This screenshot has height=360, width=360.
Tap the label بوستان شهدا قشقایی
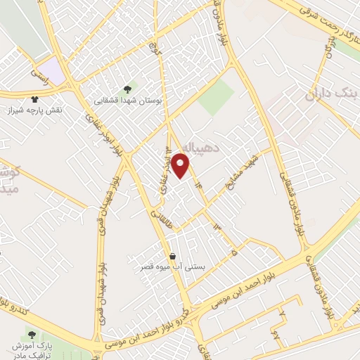tap(129, 101)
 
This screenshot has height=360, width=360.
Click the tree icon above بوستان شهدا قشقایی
tap(127, 89)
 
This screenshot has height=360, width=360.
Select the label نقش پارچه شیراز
tap(37, 110)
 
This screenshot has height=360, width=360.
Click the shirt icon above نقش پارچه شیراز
tap(36, 99)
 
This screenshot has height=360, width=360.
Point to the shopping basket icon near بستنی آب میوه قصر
tap(172, 256)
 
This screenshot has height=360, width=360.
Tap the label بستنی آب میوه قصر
tap(172, 268)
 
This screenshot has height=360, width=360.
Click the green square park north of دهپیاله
tap(215, 98)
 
